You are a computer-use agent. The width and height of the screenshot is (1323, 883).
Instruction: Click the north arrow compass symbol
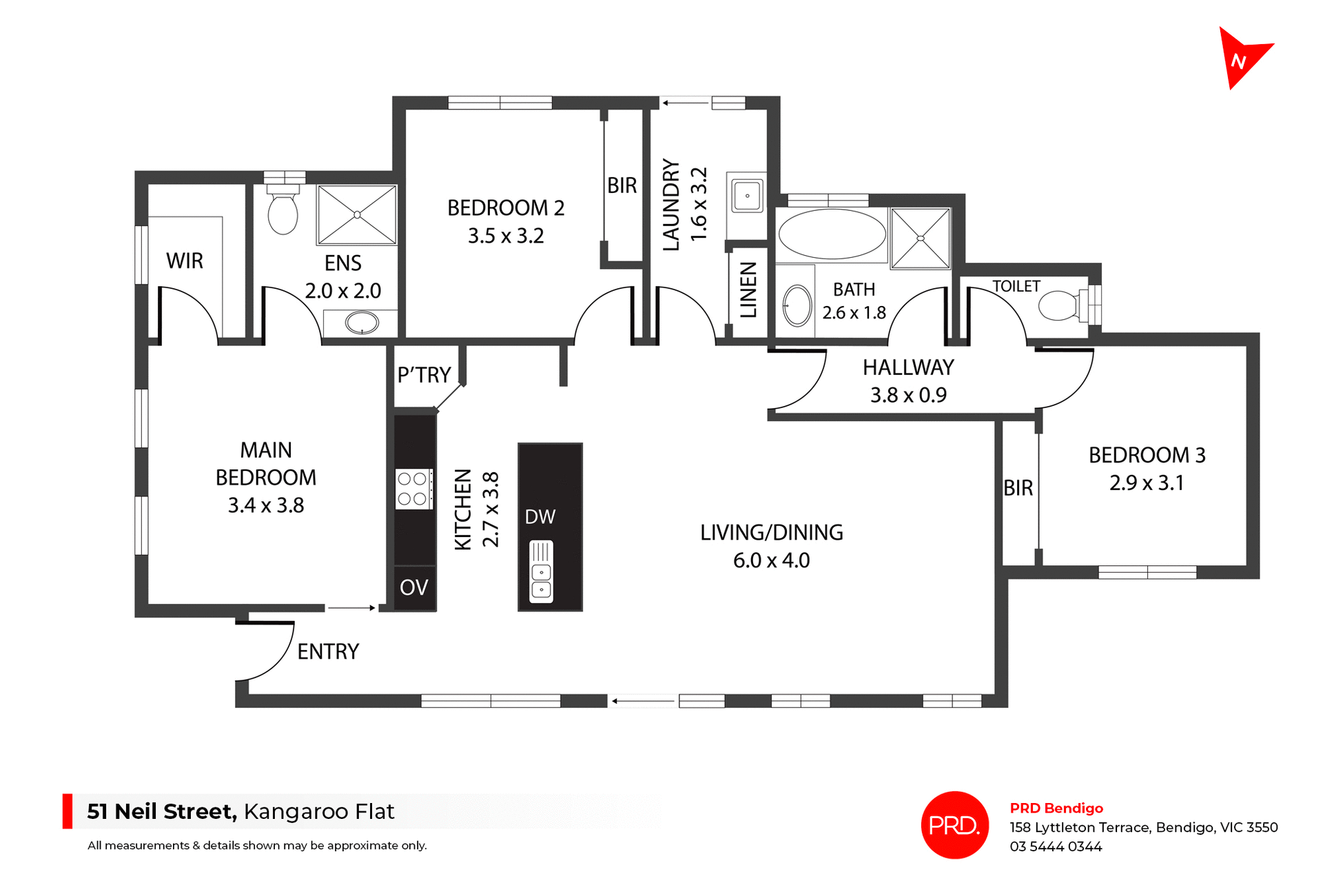[1241, 58]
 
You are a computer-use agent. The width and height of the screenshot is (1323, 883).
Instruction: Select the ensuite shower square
[357, 214]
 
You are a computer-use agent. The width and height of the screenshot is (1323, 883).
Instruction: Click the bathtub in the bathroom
[832, 234]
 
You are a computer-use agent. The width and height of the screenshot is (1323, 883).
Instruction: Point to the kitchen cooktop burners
[413, 489]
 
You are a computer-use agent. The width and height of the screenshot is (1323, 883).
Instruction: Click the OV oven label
[413, 587]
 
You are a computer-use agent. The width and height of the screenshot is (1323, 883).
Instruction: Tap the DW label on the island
[540, 517]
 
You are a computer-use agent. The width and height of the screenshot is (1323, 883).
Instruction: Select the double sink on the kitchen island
[541, 573]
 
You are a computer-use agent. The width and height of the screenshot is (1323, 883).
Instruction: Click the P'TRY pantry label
[424, 375]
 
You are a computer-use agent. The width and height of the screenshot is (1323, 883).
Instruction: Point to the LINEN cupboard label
[748, 290]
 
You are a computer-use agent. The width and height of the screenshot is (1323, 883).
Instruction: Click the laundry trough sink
[747, 196]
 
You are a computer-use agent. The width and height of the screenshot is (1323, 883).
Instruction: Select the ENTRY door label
[328, 651]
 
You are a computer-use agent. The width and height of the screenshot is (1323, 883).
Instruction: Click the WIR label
[185, 261]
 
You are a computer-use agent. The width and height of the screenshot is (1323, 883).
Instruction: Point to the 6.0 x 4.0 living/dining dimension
[771, 560]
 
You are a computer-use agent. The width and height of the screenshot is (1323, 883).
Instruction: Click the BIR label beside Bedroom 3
[1018, 488]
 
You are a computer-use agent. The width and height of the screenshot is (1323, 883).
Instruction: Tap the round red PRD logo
[954, 824]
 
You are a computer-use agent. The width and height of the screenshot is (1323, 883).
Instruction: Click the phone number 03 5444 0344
[1056, 846]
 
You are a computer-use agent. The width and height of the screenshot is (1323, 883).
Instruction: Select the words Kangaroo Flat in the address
[319, 811]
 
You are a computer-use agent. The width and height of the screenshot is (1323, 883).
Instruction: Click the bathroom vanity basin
[797, 305]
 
